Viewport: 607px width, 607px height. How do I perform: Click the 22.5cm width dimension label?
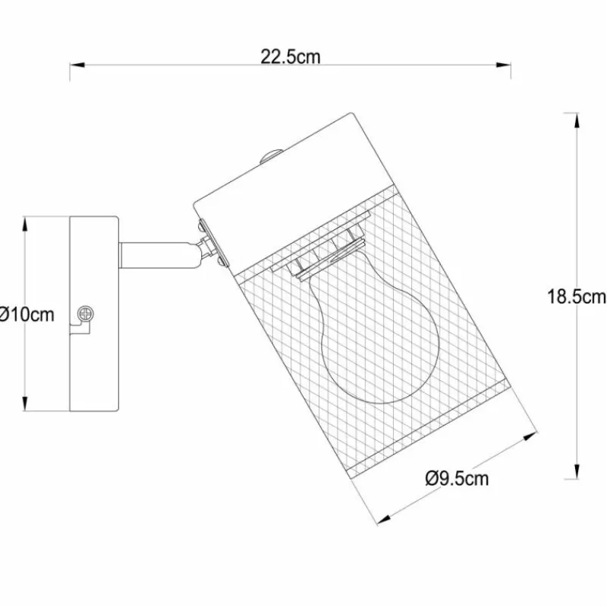click(291, 57)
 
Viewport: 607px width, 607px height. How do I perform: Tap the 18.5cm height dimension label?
click(577, 297)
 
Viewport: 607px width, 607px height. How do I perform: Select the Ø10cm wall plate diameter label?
click(27, 314)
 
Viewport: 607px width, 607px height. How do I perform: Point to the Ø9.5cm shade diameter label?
click(457, 479)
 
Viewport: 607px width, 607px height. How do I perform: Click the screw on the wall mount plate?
click(86, 313)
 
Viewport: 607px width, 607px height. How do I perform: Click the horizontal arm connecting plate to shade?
click(159, 255)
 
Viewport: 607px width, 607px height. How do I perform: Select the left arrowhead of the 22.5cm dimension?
click(77, 65)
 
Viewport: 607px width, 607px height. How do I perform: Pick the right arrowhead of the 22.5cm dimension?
click(503, 65)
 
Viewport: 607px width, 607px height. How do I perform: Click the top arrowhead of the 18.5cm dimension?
click(577, 121)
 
